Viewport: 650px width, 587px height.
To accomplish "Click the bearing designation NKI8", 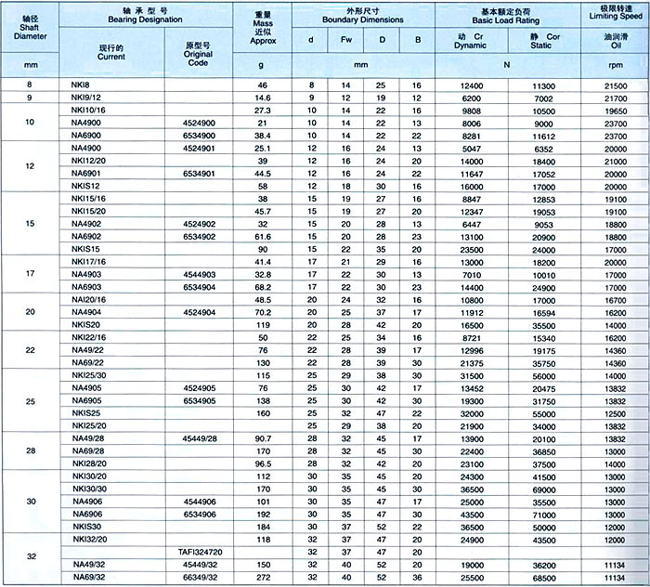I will pyautogui.click(x=80, y=85).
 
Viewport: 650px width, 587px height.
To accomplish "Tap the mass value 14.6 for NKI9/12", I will pyautogui.click(x=263, y=97).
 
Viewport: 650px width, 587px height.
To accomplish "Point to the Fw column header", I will pyautogui.click(x=346, y=39).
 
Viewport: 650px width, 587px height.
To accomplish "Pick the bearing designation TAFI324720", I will pyautogui.click(x=199, y=551).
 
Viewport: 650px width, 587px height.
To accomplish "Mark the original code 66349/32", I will pyautogui.click(x=199, y=576).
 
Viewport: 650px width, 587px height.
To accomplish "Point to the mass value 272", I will pyautogui.click(x=263, y=576).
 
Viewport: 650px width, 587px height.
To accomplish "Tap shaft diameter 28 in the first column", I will pyautogui.click(x=32, y=450).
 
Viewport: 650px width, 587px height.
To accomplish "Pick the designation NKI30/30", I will pyautogui.click(x=89, y=488).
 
